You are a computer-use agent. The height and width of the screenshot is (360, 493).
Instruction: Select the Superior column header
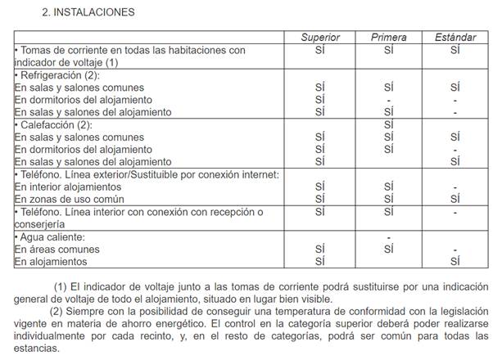coord(319,38)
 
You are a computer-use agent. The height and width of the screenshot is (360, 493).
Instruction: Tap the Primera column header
coord(388,38)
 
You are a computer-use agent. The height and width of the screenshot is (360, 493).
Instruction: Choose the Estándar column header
coord(455,38)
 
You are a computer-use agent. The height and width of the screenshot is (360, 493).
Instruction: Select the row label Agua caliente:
coord(52,236)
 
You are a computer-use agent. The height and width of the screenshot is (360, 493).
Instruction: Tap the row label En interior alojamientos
coord(68,187)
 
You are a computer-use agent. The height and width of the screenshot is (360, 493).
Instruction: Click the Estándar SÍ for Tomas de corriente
coord(455,50)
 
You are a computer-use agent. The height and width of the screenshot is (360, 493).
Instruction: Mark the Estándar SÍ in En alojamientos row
coord(455,262)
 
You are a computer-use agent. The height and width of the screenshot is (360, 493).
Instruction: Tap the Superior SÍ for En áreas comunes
coord(319,249)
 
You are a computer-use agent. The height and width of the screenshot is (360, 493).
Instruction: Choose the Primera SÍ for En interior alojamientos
coord(388,187)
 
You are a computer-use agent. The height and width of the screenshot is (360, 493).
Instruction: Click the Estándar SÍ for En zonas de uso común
coord(455,199)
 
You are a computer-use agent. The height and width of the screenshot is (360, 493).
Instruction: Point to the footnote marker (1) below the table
coord(61,286)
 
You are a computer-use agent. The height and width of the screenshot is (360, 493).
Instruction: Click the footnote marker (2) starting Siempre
coord(58,311)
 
